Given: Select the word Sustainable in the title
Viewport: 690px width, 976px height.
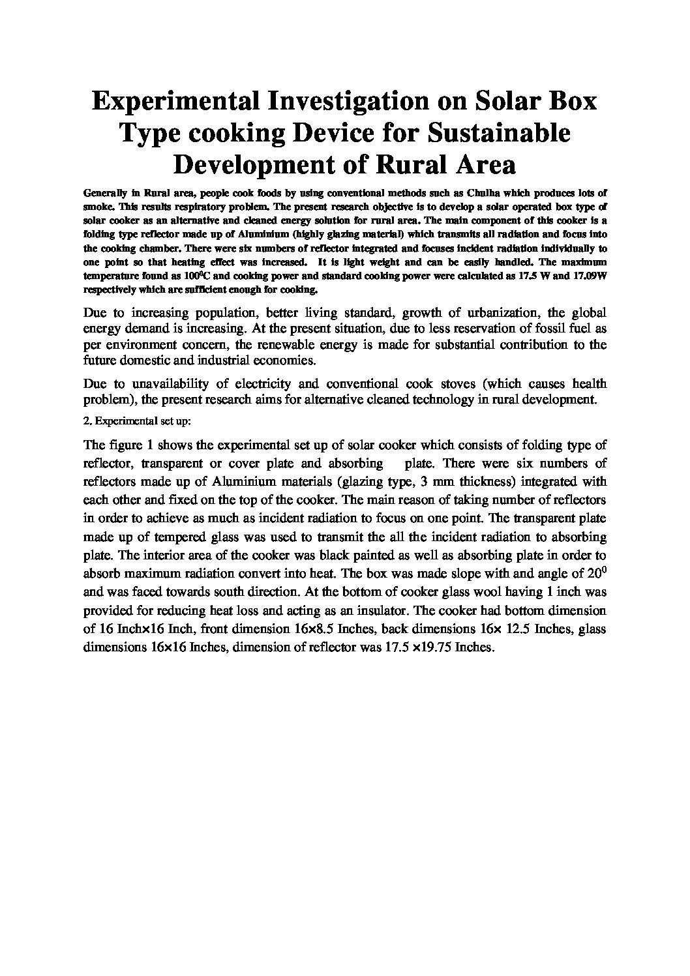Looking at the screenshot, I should click(x=498, y=133).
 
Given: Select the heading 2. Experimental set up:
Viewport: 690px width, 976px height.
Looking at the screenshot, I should click(x=137, y=421).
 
